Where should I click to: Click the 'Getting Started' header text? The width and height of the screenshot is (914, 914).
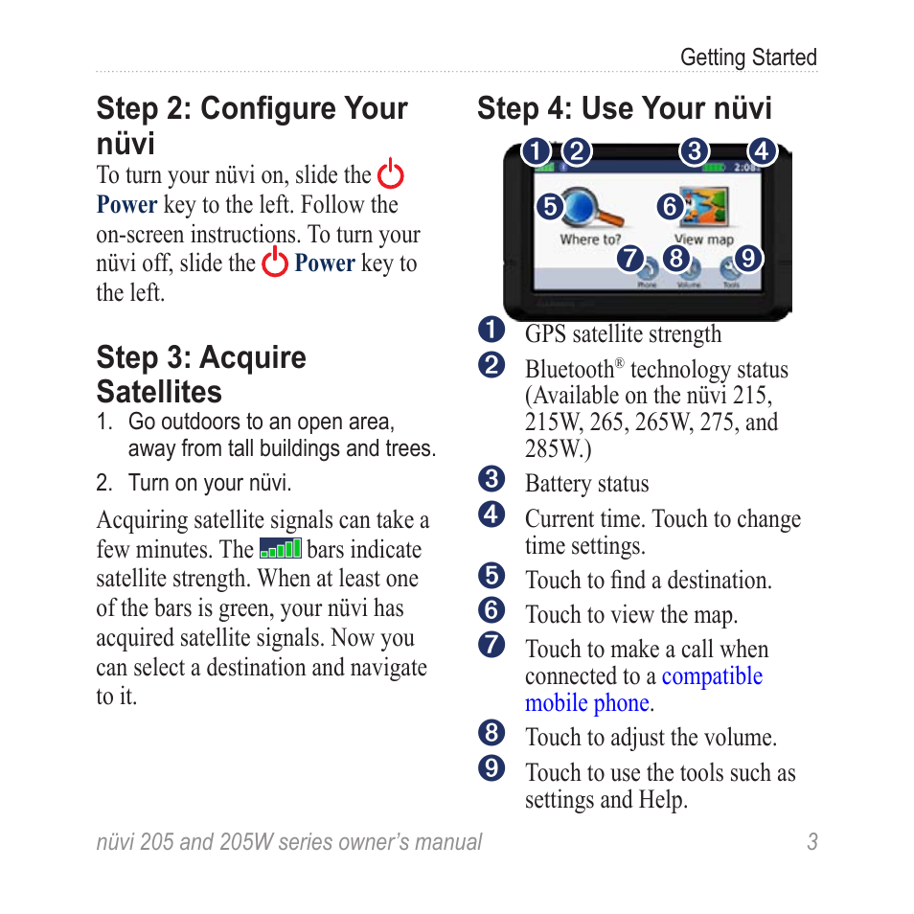747,57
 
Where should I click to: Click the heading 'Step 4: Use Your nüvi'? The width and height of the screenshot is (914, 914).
624,108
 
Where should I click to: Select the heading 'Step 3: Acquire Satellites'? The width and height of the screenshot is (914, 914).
201,375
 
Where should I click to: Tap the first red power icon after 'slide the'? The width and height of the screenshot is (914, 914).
390,175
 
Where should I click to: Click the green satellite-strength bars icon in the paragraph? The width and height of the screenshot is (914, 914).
281,549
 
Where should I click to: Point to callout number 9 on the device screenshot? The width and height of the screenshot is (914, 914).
748,258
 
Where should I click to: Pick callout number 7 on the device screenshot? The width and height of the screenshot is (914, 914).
628,258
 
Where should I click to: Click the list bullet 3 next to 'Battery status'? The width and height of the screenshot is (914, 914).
491,479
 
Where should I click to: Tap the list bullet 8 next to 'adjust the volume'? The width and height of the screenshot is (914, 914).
491,734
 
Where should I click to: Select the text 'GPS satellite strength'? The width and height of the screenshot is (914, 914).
623,334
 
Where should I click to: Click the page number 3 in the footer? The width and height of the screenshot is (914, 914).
811,842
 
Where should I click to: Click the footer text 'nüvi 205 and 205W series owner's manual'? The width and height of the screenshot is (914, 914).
289,842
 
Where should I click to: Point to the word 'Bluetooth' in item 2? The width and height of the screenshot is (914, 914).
568,370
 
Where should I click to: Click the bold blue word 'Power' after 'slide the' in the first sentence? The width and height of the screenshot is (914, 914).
126,205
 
